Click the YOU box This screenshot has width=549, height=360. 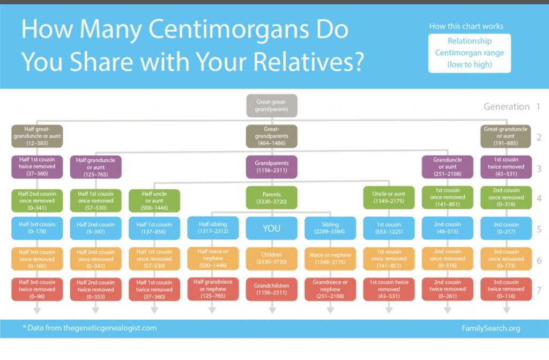pos(271,228)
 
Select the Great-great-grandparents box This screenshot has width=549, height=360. pos(272,106)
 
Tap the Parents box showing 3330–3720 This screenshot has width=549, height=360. pos(271,197)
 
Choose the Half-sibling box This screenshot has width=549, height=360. pos(213,228)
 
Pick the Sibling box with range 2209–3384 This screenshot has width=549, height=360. pos(330,228)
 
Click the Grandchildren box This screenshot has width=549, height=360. pos(271,289)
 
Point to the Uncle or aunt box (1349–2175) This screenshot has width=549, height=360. pos(389,197)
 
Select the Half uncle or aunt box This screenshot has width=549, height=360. pos(154,201)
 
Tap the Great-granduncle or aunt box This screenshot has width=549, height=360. pos(506,136)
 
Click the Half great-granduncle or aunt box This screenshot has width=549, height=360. pos(37,136)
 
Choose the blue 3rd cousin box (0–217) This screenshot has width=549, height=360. pos(506,228)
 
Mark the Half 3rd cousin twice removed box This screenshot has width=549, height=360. pos(37,289)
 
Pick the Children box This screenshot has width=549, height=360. pos(271,259)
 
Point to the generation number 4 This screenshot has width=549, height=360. pos(539,199)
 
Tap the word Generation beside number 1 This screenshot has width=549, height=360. pos(506,106)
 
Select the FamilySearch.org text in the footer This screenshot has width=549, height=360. pos(491,328)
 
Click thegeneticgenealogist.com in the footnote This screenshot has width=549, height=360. pos(110,328)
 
